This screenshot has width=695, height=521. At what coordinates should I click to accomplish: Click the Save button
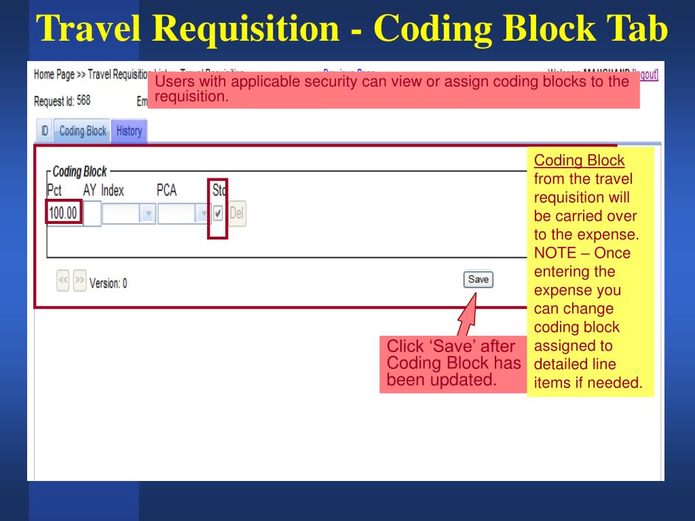click(x=478, y=279)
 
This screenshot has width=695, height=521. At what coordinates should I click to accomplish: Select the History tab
click(x=129, y=131)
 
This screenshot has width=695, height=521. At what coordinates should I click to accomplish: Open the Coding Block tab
click(x=83, y=131)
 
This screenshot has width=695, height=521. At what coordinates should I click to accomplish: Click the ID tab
click(x=44, y=131)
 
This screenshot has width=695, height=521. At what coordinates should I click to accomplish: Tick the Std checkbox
click(x=218, y=214)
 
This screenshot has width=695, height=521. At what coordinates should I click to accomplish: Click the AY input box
click(x=92, y=214)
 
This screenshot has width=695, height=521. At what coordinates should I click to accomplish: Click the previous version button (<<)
click(x=63, y=281)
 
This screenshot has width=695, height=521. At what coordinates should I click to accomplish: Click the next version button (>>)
click(x=79, y=281)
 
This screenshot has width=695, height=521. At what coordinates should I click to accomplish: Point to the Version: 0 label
click(x=108, y=284)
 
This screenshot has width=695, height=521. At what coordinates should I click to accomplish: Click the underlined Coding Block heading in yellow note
click(x=579, y=161)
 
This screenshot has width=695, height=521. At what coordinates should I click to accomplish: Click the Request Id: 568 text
click(x=62, y=101)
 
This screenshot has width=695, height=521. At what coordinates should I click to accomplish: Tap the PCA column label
click(x=166, y=191)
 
